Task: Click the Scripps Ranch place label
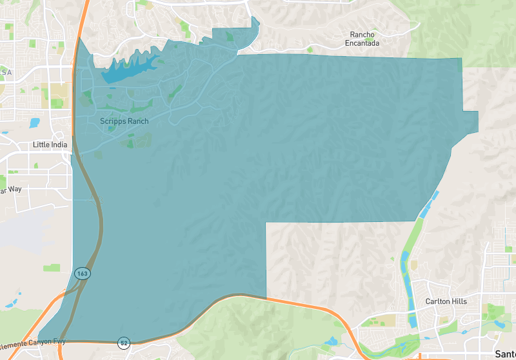[124, 121]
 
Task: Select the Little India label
[50, 145]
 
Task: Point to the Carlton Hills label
[446, 301]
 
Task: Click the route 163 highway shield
[82, 273]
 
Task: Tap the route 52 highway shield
[124, 343]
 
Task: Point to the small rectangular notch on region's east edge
[471, 121]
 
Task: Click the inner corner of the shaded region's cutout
[267, 223]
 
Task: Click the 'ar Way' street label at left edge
[11, 190]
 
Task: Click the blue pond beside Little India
[34, 123]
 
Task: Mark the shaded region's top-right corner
[462, 59]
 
